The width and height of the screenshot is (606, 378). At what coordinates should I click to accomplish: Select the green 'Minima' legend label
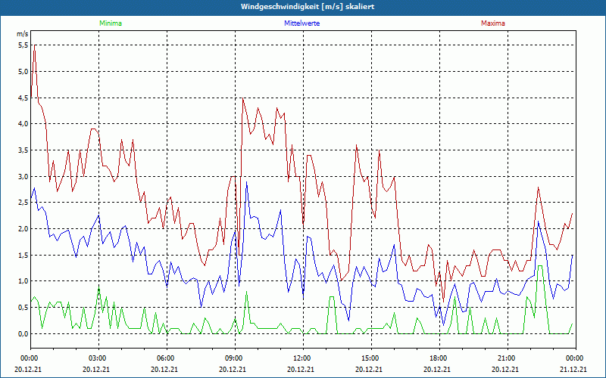tap(110, 23)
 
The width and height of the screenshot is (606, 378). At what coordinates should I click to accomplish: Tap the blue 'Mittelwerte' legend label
tap(301, 23)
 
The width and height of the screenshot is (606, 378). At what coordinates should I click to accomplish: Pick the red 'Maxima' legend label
tap(493, 23)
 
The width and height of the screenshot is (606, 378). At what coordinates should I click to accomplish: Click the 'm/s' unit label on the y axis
tap(22, 35)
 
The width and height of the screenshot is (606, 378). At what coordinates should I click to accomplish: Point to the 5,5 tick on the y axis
tap(23, 45)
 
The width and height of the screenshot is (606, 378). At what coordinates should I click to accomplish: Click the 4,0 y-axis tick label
tap(23, 124)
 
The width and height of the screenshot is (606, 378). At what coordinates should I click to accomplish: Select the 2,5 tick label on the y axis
tap(23, 203)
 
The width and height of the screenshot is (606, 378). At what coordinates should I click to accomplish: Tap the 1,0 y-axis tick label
tap(23, 281)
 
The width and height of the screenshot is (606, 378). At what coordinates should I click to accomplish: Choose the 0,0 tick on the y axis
tap(23, 333)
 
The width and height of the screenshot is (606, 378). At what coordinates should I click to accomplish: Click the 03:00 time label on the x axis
tap(98, 358)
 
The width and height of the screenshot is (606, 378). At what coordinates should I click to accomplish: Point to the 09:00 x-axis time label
tap(234, 358)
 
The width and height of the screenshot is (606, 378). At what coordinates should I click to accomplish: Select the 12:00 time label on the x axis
tap(301, 358)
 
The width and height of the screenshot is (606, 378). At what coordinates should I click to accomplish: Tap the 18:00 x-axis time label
tap(438, 358)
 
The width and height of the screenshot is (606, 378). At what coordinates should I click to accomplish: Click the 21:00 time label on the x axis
tap(506, 358)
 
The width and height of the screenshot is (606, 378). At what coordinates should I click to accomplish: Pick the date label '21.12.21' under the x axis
tap(574, 370)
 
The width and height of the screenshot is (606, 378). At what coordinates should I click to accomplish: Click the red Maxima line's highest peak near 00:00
tap(34, 48)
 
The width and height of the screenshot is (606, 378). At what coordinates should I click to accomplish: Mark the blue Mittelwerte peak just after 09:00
tap(246, 182)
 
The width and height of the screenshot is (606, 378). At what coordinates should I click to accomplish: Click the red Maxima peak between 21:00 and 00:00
tap(538, 187)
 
